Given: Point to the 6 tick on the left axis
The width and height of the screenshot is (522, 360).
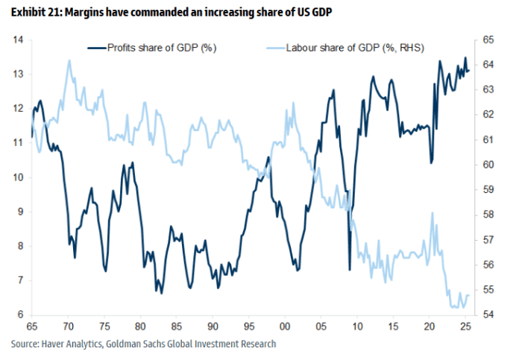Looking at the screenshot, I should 17,315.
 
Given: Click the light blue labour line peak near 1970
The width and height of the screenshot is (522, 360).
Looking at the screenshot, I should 69,61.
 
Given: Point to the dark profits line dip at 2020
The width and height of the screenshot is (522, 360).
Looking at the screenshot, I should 431,162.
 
